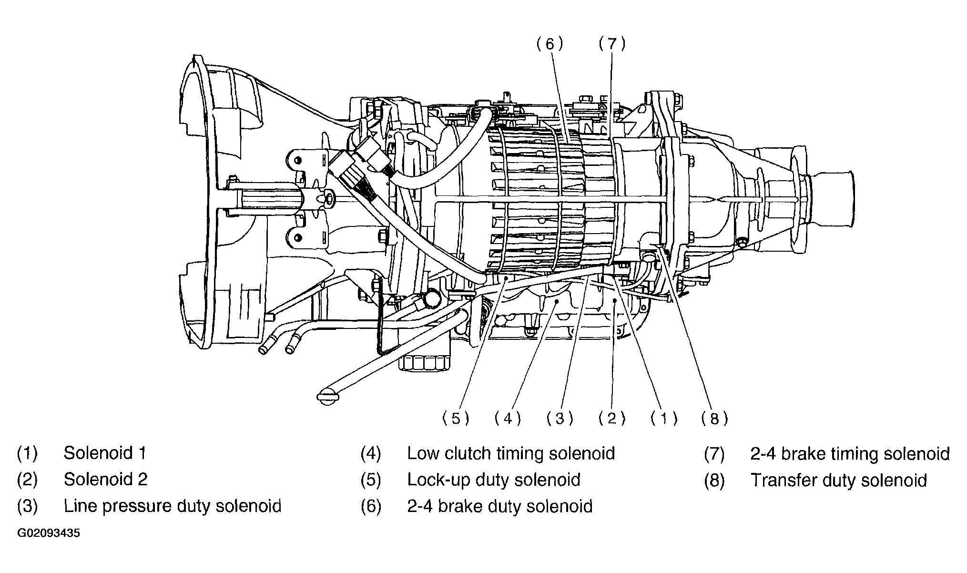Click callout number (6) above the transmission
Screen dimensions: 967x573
(x=550, y=44)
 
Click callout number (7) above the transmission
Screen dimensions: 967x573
(x=611, y=44)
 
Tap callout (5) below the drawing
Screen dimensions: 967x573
(x=456, y=419)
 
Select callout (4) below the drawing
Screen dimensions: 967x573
(x=508, y=419)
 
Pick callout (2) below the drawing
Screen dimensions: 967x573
(x=612, y=419)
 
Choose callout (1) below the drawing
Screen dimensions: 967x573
(x=664, y=419)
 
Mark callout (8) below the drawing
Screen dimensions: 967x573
(x=714, y=419)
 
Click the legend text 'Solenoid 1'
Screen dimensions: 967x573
(x=105, y=453)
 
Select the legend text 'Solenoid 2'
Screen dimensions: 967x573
(x=106, y=479)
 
